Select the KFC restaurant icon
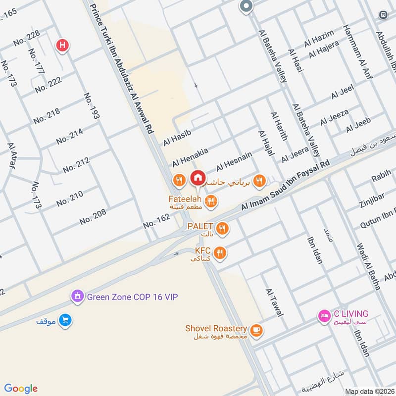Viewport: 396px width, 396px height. [x=220, y=253]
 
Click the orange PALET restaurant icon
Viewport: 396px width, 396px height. [x=223, y=228]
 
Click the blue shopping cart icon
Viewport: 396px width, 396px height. [x=65, y=321]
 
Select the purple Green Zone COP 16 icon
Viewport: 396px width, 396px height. [x=77, y=297]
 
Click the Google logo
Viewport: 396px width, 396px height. [x=21, y=388]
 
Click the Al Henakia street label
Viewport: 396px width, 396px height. [x=190, y=156]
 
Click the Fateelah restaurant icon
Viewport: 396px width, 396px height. [x=211, y=200]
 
